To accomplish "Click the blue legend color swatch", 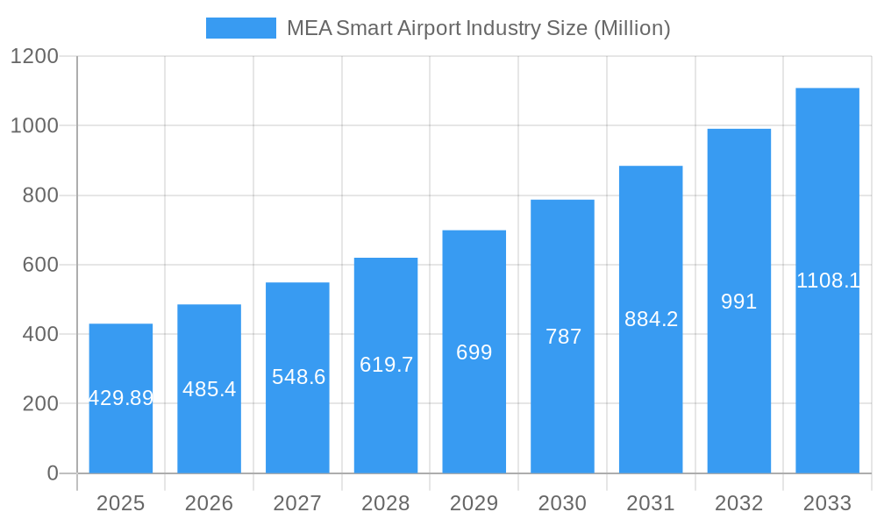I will point(240,28).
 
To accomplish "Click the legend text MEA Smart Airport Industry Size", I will point(478,28).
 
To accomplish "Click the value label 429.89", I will point(121,398).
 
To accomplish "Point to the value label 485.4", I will point(209,388).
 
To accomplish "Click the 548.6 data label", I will point(298,377).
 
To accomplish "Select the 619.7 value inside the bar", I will point(386,365).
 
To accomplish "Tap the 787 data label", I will point(563,337).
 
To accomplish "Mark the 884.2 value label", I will point(651,319).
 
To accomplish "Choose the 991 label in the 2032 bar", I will point(738,302).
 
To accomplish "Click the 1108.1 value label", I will point(827,281).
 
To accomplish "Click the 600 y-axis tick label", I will point(39,265).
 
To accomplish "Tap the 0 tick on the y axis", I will point(52,473).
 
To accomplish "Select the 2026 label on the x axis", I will point(209,503).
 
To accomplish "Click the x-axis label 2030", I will point(562,503).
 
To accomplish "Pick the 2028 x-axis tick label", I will point(386,503).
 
